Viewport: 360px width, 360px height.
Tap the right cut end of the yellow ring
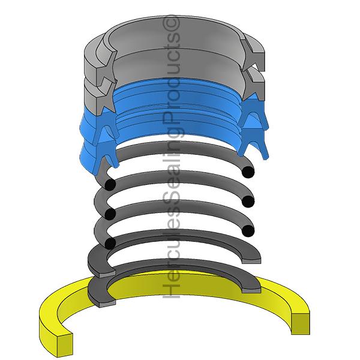(x=301, y=323)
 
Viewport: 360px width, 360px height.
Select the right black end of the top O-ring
(x=248, y=172)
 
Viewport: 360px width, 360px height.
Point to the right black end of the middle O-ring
(x=248, y=202)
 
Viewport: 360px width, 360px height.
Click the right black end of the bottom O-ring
(x=248, y=231)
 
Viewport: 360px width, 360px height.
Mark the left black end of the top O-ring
(x=110, y=185)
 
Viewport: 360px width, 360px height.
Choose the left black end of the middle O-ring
(x=110, y=214)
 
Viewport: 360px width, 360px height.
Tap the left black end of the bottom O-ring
(x=110, y=244)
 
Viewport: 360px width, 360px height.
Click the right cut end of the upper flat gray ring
(x=251, y=260)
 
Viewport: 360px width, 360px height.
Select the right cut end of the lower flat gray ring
(x=251, y=290)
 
